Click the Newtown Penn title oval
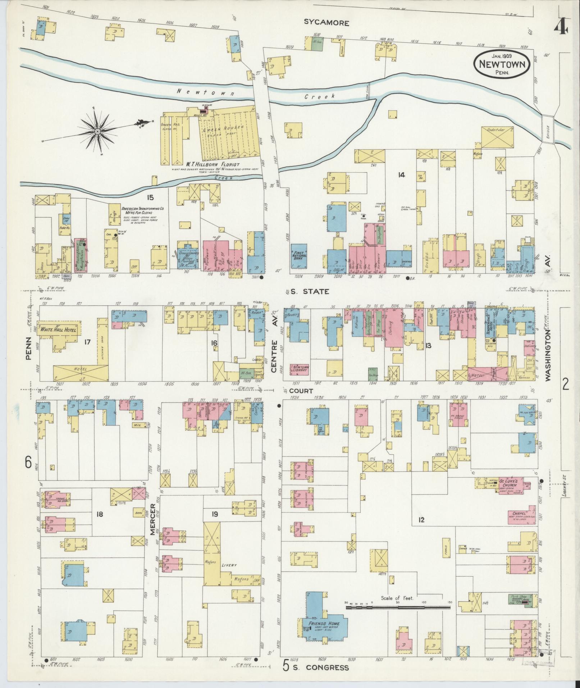point(502,63)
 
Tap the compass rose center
point(97,132)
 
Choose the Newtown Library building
point(300,369)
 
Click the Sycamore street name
point(326,23)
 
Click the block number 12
point(421,519)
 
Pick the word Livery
point(229,565)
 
